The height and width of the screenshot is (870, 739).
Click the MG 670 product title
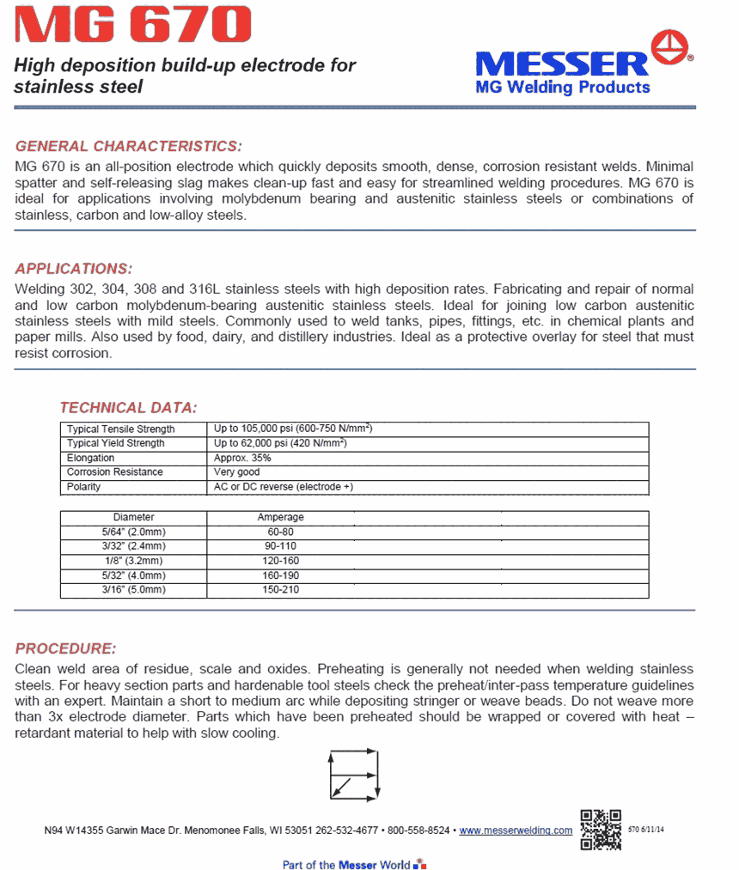pos(133,26)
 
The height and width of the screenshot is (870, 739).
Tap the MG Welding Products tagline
pos(563,87)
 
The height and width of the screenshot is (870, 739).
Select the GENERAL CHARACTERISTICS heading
pos(129,146)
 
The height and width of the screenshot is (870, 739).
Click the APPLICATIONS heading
pos(74,268)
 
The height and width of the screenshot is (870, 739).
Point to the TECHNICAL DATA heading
pos(128,407)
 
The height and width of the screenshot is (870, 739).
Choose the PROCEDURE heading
pos(65,648)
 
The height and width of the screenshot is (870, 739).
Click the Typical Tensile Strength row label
pos(121,429)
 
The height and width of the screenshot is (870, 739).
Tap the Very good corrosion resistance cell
pos(238,472)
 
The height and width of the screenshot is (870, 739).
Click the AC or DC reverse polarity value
pos(283,487)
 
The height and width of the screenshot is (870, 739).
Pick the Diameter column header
pos(134,518)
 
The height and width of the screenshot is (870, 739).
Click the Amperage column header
pos(280,518)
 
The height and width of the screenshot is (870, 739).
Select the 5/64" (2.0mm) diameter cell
pos(133,532)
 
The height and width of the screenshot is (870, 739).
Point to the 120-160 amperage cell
pos(280,561)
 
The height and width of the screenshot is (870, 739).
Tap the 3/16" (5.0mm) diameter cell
pos(133,590)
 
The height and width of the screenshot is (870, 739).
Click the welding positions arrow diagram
pos(354,774)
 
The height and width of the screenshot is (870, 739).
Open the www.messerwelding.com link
pos(516,830)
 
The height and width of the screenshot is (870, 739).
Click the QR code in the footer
pos(601,830)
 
